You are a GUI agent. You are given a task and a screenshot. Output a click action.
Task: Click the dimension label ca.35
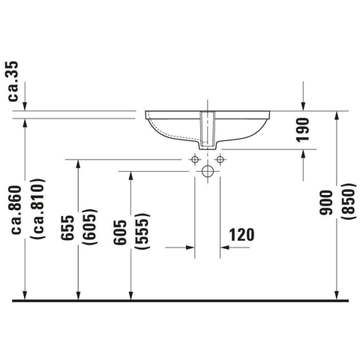click(13, 81)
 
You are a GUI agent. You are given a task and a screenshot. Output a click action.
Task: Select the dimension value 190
click(303, 130)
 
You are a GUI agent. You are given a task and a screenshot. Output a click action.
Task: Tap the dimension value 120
click(241, 235)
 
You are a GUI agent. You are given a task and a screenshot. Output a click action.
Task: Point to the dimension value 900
click(326, 202)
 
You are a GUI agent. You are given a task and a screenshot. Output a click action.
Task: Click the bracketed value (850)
click(349, 202)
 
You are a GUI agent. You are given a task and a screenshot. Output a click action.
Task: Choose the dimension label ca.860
click(16, 210)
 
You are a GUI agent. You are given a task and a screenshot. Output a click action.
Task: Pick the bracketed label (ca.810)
click(38, 208)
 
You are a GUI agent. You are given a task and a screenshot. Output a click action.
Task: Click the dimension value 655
click(67, 228)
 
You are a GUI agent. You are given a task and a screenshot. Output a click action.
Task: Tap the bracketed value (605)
click(91, 226)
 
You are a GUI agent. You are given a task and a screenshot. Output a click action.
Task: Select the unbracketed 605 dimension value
click(120, 232)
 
